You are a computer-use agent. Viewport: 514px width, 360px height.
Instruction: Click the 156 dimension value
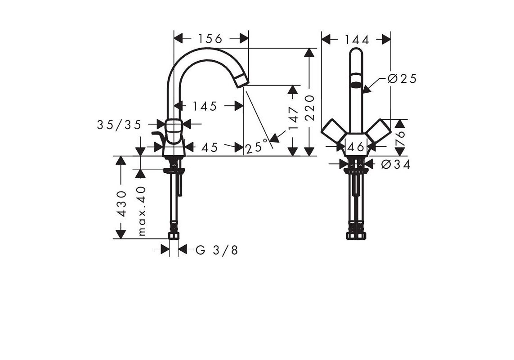[x=210, y=39]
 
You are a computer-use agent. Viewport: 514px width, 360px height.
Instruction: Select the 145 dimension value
[x=205, y=106]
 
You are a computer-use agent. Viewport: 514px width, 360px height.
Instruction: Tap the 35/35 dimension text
[x=119, y=125]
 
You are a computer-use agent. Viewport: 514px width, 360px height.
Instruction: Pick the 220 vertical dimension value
[x=309, y=108]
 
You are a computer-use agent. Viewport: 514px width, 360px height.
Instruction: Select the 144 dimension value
[x=357, y=40]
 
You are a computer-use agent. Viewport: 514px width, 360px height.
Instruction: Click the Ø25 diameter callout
[x=402, y=79]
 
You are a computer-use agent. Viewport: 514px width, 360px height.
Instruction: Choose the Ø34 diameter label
[x=396, y=164]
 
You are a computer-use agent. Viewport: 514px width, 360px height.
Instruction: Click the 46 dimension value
[x=356, y=147]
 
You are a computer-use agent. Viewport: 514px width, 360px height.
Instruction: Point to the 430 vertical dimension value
[x=121, y=204]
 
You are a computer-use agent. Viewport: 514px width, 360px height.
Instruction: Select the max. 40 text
[x=142, y=211]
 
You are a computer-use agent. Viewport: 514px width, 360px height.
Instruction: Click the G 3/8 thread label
[x=217, y=250]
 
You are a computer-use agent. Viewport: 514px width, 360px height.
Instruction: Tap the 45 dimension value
[x=210, y=147]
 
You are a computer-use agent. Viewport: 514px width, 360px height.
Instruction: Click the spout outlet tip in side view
[x=242, y=80]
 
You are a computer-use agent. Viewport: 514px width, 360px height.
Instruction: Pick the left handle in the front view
[x=333, y=131]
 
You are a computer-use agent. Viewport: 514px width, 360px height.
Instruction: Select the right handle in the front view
[x=379, y=131]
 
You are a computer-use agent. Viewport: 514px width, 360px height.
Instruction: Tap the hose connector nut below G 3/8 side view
[x=174, y=235]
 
